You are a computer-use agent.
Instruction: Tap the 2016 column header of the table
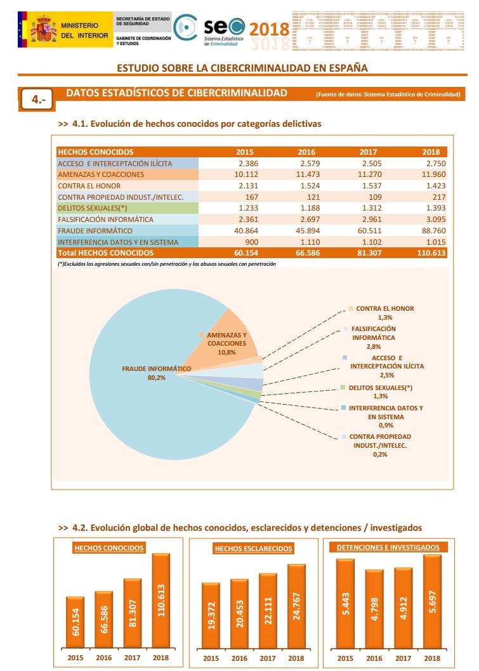pos(306,152)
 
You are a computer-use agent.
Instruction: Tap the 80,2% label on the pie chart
pos(156,378)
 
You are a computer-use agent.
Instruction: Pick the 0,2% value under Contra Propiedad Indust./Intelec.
pos(380,454)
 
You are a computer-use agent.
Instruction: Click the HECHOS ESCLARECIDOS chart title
pos(254,548)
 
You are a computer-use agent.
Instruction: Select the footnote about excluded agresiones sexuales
pos(166,263)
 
